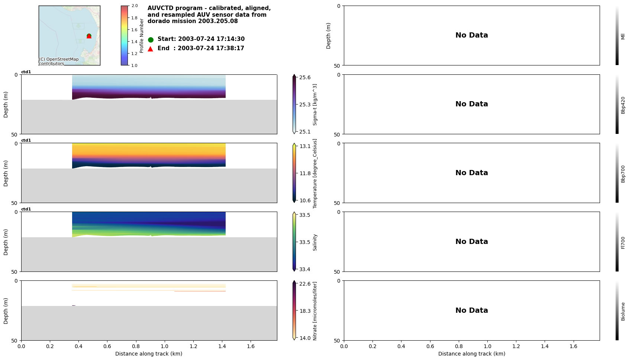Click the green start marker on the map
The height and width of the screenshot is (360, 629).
tap(89, 36)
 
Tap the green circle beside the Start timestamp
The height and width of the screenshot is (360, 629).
tap(151, 39)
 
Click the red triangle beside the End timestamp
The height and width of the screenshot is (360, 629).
tap(151, 49)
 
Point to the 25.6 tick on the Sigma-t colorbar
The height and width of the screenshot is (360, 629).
tap(304, 77)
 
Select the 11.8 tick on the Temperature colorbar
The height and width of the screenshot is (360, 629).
tap(304, 173)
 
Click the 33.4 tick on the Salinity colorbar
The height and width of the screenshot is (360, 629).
tap(304, 269)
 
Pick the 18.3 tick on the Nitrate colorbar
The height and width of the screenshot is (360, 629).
tap(304, 311)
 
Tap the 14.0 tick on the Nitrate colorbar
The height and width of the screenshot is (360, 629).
tap(304, 338)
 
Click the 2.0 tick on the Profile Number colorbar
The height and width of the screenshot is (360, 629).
tap(134, 6)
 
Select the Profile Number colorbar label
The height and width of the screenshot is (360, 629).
tap(142, 36)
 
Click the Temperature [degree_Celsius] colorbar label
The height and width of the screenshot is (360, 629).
tap(315, 173)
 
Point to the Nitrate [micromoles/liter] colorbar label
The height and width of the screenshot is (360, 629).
tap(315, 311)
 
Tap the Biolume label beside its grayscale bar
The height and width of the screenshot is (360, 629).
tap(623, 311)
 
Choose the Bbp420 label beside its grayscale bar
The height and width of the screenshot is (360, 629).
tap(623, 105)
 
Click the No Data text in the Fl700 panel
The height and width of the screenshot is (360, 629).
tap(471, 242)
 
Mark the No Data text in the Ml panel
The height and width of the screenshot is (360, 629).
tap(471, 35)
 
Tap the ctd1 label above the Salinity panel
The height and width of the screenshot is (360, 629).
tap(26, 209)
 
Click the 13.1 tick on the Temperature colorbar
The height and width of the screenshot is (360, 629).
tap(304, 146)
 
